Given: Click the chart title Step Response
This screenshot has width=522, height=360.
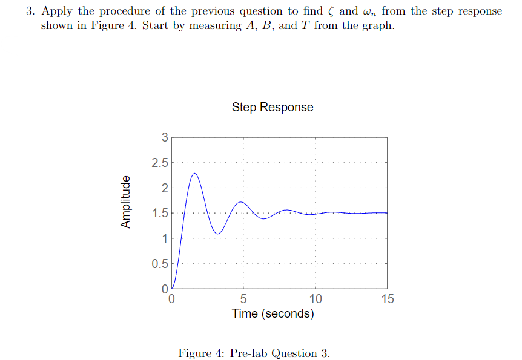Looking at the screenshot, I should click(x=273, y=107).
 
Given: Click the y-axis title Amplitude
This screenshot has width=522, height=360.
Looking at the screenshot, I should click(x=126, y=202).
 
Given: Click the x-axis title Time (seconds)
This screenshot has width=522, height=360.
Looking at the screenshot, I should click(x=273, y=313).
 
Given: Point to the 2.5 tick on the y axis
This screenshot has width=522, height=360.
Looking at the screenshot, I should click(x=161, y=162).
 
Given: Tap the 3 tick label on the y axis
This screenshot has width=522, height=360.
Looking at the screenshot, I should click(x=165, y=137).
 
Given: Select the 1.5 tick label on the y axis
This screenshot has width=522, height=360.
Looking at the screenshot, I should click(x=161, y=213).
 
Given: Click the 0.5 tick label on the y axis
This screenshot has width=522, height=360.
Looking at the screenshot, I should click(x=161, y=264).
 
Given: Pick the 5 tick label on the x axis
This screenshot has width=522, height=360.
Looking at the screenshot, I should click(x=243, y=299).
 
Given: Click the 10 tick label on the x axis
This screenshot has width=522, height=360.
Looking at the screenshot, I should click(x=315, y=299).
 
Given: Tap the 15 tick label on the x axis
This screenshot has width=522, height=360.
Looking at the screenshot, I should click(x=387, y=299).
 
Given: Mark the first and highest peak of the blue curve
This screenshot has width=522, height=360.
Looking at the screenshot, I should click(x=194, y=174).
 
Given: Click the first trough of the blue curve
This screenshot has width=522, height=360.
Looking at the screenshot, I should click(x=218, y=234).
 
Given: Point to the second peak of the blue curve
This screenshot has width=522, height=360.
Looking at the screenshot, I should click(x=242, y=202).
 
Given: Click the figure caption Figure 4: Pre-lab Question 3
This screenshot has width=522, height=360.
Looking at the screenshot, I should click(x=254, y=353).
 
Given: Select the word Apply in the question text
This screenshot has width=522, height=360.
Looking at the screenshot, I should click(x=56, y=12).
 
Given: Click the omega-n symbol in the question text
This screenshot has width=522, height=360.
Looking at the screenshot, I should click(x=370, y=13).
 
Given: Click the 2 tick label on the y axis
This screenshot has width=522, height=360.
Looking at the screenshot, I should click(x=165, y=188).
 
